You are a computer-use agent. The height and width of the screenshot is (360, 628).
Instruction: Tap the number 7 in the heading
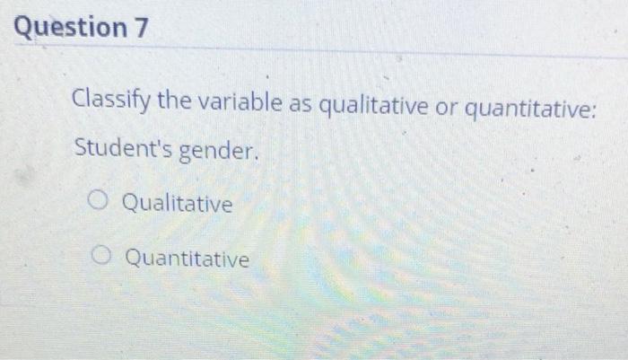point(140,28)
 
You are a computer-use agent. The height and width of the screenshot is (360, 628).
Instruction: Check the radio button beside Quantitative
point(105,259)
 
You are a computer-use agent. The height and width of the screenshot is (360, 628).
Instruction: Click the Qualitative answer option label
point(177,204)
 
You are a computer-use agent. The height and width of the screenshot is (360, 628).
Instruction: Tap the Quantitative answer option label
point(187,259)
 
